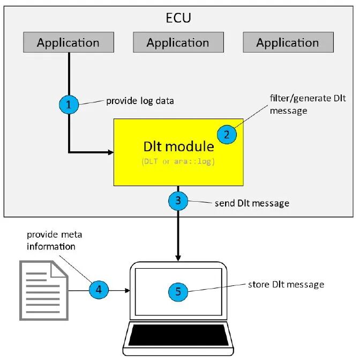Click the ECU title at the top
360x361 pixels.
(x=179, y=18)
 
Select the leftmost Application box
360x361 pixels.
(x=68, y=42)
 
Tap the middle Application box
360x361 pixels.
(x=178, y=42)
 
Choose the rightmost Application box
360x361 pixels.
(x=288, y=42)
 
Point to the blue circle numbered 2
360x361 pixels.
(x=227, y=134)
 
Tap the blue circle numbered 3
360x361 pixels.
(x=178, y=201)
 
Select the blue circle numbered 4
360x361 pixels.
(x=99, y=290)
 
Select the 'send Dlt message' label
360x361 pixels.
(x=252, y=203)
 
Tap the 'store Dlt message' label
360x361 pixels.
(x=286, y=284)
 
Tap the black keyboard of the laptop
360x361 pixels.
(x=178, y=335)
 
